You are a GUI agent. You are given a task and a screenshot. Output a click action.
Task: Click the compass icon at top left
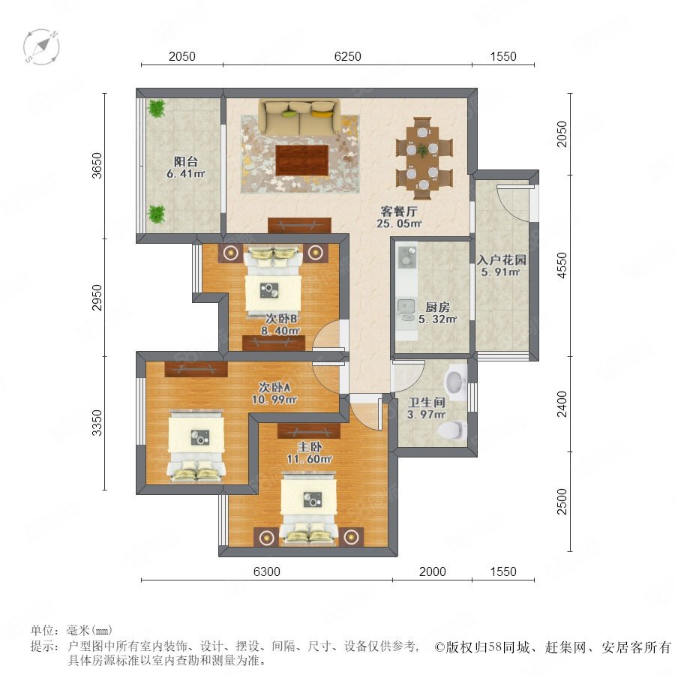[x=41, y=47]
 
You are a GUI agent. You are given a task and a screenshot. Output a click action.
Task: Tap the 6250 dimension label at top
[x=347, y=56]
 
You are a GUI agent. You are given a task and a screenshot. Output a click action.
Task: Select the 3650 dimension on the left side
[x=97, y=165]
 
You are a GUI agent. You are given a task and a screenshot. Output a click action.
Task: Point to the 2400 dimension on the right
[x=562, y=403]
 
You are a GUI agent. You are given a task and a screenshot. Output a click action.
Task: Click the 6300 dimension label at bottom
[x=266, y=571]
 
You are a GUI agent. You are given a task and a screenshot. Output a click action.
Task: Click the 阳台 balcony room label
[x=186, y=162]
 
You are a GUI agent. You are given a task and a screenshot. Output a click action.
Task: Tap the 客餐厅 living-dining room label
[x=399, y=211]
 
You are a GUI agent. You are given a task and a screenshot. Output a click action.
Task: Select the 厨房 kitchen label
[x=437, y=307]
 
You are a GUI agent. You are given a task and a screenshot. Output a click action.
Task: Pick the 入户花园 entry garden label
[x=502, y=259]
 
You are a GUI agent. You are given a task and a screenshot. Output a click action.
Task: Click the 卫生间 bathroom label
[x=426, y=403]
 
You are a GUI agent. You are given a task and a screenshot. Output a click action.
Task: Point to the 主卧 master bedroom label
[x=310, y=447]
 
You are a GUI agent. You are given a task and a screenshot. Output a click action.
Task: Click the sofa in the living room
[x=299, y=117]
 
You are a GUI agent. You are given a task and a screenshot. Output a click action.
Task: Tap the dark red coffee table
[x=302, y=160]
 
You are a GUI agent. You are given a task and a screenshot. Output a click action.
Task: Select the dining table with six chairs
[x=424, y=158]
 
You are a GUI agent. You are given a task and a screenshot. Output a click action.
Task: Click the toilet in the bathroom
[x=451, y=430]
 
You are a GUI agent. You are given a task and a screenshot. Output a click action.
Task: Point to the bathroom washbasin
[x=456, y=380]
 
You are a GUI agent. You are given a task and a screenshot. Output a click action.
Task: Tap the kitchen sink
[x=406, y=306]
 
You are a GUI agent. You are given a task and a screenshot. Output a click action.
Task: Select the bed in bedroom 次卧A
[x=196, y=445]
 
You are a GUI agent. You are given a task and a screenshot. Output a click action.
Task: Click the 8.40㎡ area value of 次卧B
[x=280, y=331]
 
